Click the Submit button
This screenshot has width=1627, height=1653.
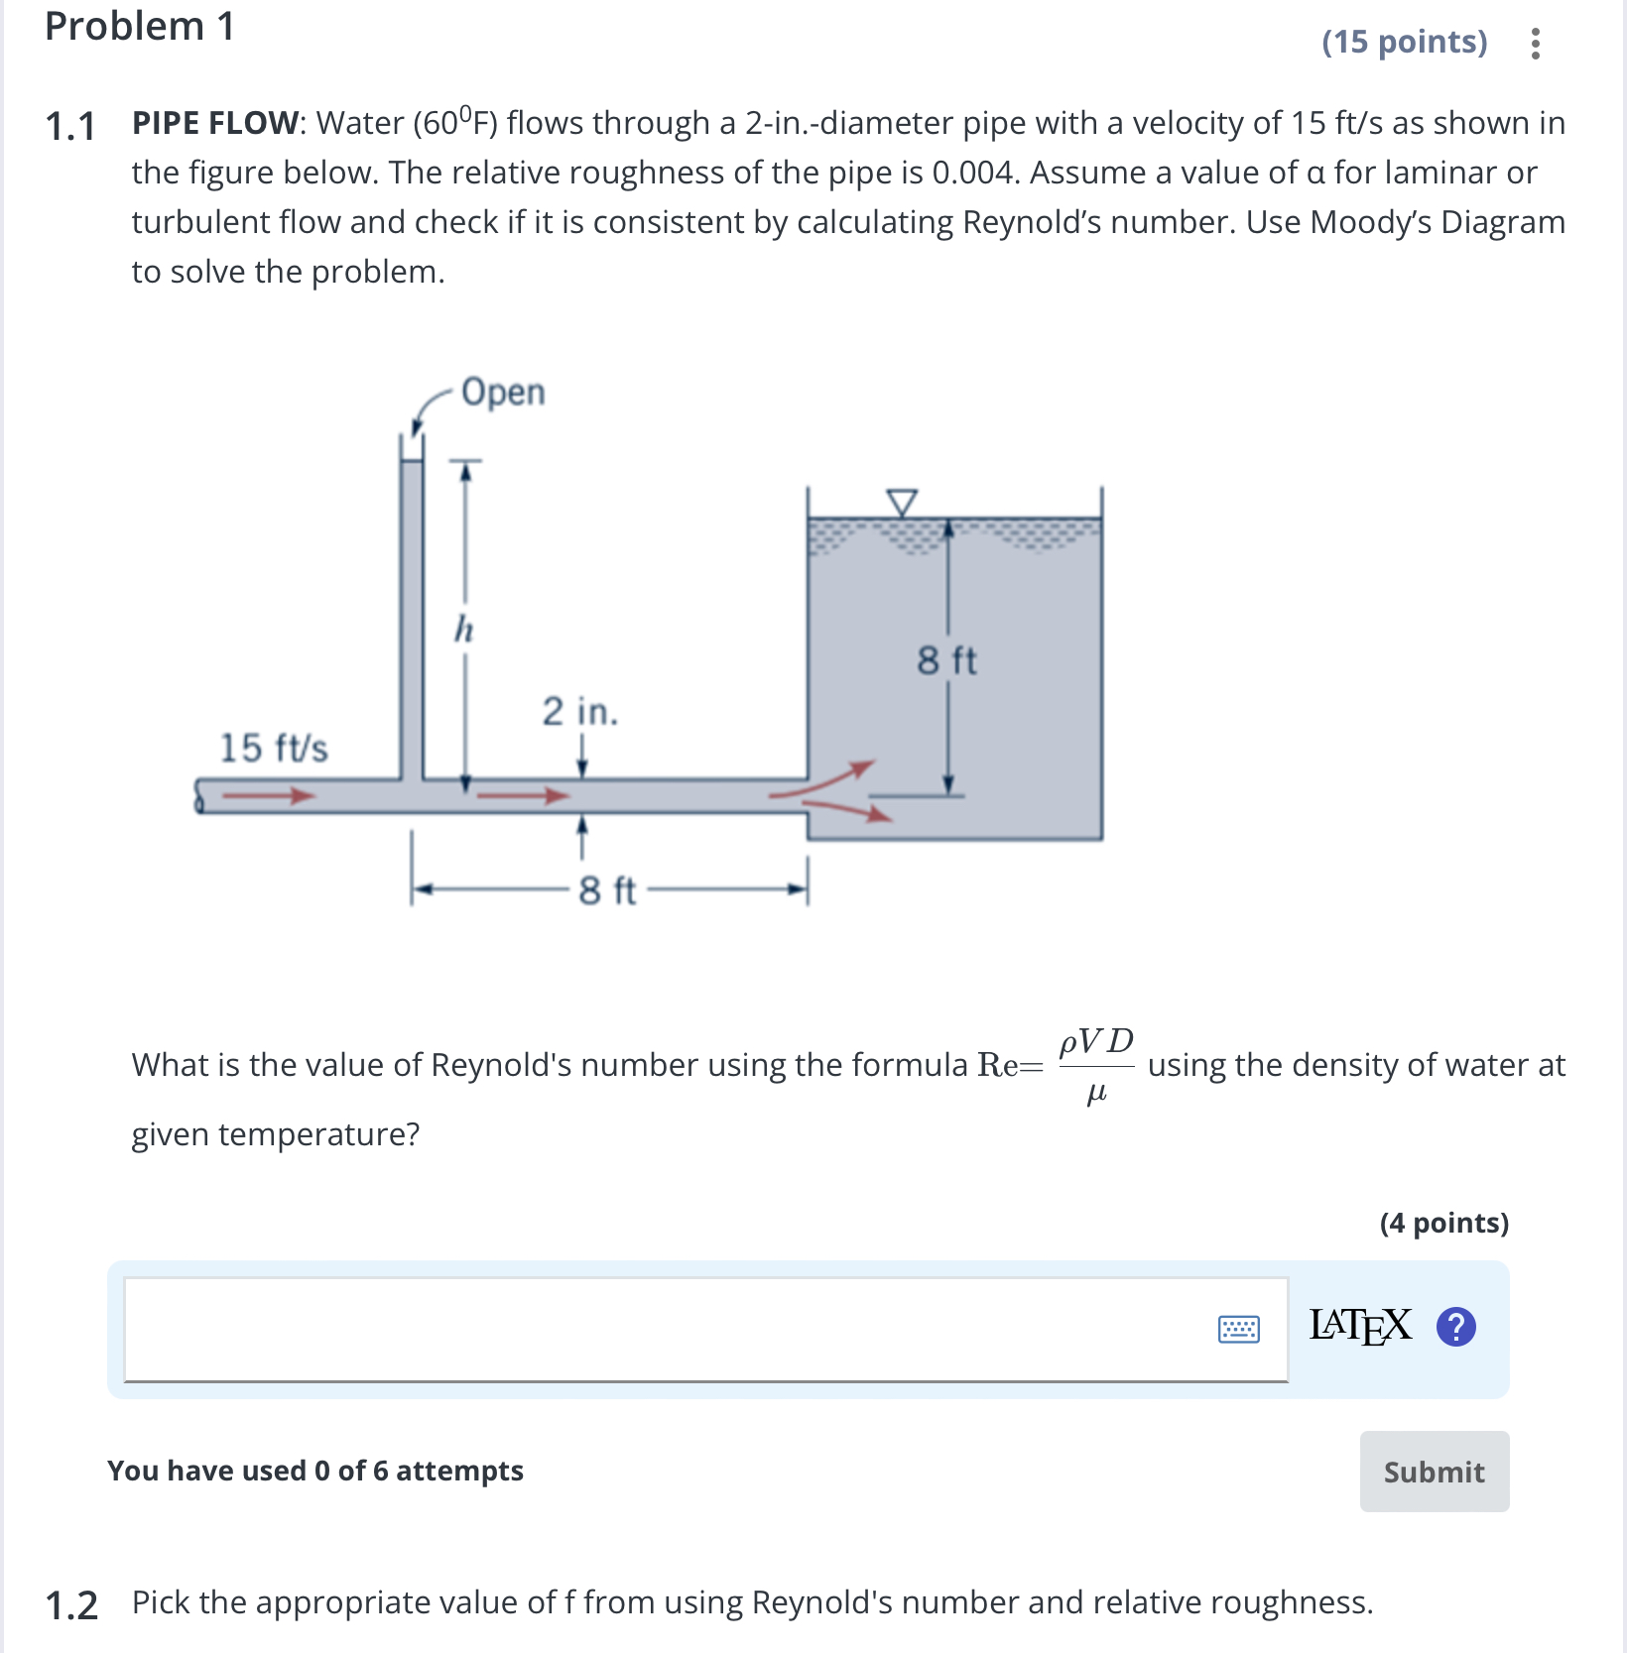tap(1434, 1472)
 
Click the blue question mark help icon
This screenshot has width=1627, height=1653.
tap(1455, 1327)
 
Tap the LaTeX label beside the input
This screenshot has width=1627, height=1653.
tap(1360, 1326)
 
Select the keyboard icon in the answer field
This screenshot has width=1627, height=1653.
tap(1238, 1329)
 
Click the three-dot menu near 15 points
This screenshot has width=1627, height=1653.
tap(1535, 44)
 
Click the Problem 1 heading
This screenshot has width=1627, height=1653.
tap(140, 27)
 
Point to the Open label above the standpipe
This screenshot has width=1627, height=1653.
tap(503, 393)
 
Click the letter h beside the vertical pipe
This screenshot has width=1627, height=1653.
tap(463, 629)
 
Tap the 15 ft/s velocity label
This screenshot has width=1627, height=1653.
tap(274, 748)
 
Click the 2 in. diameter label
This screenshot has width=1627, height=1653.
tap(579, 711)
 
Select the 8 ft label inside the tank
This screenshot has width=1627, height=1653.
tap(946, 660)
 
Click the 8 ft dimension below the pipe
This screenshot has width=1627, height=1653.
tap(607, 890)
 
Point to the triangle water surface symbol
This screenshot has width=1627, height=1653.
tap(901, 502)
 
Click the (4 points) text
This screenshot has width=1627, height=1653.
tap(1443, 1223)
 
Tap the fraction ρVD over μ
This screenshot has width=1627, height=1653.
tap(1096, 1066)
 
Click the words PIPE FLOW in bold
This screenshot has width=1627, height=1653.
tap(214, 123)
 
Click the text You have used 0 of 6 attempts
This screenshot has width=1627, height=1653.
tap(315, 1471)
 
